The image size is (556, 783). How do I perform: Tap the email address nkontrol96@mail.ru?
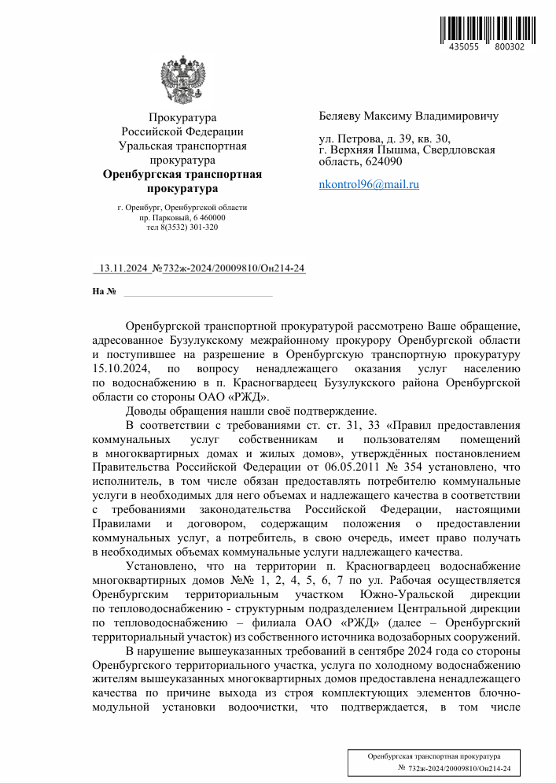point(369,184)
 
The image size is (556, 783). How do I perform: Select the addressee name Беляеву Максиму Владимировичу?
point(408,116)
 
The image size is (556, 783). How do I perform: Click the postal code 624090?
point(384,161)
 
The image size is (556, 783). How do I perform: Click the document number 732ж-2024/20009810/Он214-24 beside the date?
point(234,268)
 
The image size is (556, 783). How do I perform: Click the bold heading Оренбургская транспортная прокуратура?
point(182,182)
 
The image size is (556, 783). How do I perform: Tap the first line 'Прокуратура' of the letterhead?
point(182,118)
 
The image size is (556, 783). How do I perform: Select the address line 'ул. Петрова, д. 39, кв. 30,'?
point(385,139)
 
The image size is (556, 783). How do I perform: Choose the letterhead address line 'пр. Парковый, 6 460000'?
point(182,217)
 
